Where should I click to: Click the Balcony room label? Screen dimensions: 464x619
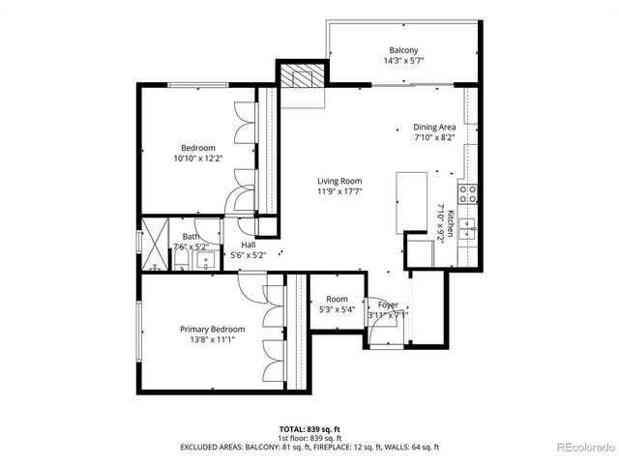click(403, 50)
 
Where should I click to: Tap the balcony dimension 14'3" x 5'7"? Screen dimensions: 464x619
click(403, 61)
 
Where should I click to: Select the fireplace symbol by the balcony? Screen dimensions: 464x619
click(300, 76)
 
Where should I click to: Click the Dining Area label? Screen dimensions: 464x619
click(434, 127)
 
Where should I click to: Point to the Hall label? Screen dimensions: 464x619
click(249, 245)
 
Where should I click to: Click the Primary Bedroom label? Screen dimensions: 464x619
click(212, 329)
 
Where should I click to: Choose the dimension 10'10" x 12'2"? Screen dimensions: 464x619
click(198, 158)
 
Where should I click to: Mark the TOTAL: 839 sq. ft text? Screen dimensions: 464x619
click(309, 426)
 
